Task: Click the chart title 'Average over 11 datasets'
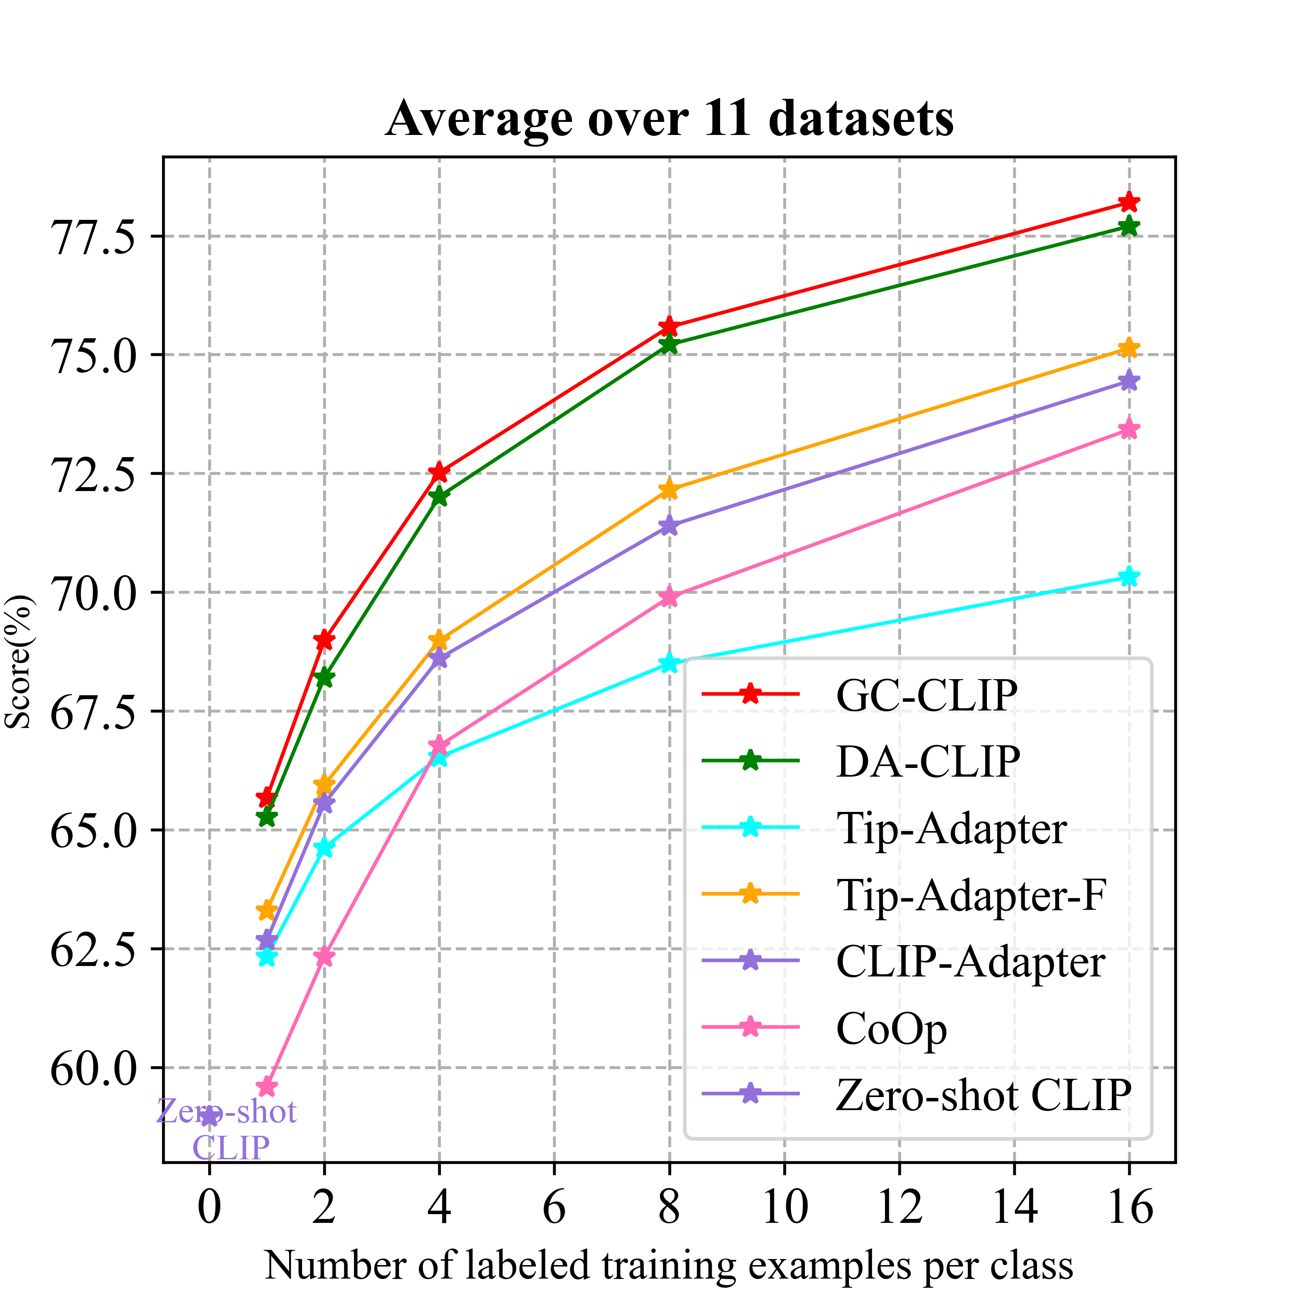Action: point(669,119)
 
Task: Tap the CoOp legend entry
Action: point(891,1028)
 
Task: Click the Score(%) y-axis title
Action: point(18,663)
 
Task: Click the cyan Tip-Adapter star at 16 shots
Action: point(1128,577)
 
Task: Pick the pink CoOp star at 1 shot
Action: point(267,1087)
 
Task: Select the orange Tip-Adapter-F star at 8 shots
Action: point(669,489)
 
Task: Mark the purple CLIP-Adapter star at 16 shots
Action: point(1128,381)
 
